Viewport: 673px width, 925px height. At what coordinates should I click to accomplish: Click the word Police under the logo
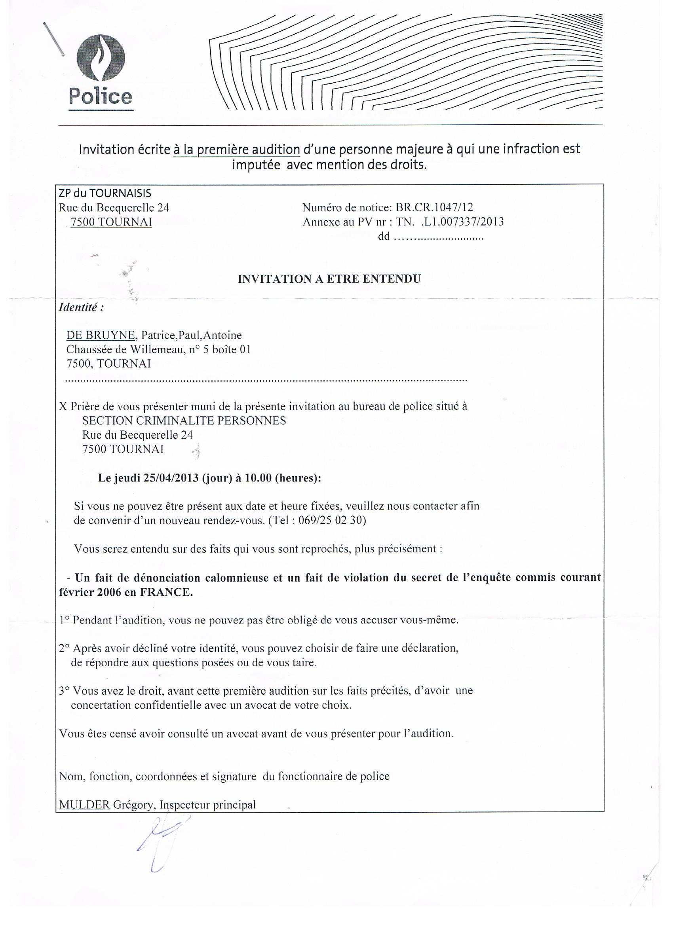click(x=101, y=96)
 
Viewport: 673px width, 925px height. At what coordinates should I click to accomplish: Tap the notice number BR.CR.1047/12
click(x=434, y=208)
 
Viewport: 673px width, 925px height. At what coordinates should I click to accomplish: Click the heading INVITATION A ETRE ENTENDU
click(x=329, y=279)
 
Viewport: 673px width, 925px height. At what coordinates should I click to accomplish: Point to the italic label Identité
click(x=81, y=307)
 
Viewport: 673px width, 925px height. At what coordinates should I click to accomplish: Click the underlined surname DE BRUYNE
click(x=101, y=335)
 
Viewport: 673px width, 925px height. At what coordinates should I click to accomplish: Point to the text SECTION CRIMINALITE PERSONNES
click(x=184, y=421)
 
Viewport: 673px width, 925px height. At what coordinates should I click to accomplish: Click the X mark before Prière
click(x=63, y=407)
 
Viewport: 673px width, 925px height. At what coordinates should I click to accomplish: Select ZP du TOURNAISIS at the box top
click(x=105, y=193)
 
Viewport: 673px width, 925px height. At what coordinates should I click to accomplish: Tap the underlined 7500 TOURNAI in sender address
click(x=111, y=222)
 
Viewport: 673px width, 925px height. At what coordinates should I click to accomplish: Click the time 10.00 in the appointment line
click(x=258, y=478)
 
